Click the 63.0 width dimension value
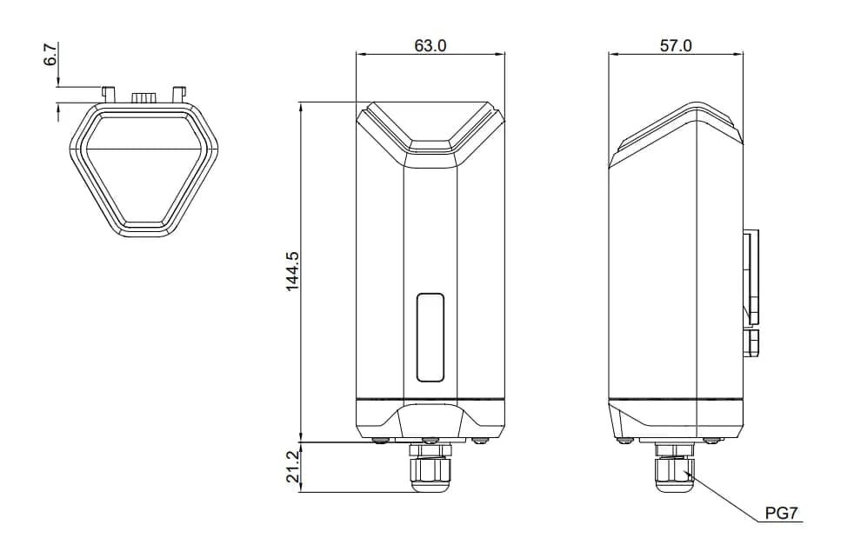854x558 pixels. [430, 45]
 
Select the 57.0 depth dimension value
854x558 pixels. [676, 45]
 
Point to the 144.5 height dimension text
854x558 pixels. [292, 271]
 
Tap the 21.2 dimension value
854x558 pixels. [292, 468]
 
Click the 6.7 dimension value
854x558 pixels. [51, 55]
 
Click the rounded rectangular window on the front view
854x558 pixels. [430, 337]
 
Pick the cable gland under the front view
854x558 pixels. [430, 469]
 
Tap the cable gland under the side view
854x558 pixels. [674, 469]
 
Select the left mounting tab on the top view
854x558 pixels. [109, 92]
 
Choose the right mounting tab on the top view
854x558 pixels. [179, 92]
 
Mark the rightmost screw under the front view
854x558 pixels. [480, 441]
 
